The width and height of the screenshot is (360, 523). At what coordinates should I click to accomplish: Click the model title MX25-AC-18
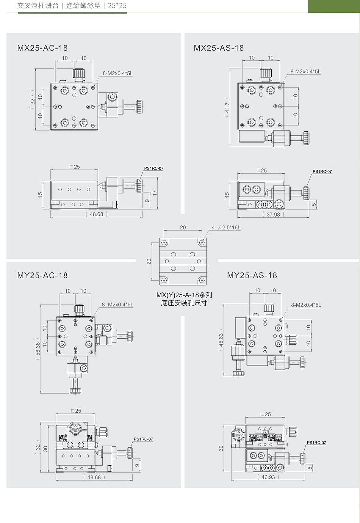tap(42, 48)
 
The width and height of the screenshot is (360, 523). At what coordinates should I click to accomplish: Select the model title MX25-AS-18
tap(219, 48)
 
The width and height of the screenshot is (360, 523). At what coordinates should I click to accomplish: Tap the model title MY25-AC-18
tap(42, 275)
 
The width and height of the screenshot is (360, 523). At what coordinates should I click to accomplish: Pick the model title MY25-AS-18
tap(252, 275)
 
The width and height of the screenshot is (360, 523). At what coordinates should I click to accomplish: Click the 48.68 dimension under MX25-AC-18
tap(96, 214)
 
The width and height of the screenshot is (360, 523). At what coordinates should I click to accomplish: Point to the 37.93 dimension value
tap(273, 214)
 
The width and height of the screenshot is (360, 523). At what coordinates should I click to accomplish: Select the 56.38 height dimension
tap(38, 349)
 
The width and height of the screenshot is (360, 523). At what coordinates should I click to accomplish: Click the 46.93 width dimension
tap(268, 477)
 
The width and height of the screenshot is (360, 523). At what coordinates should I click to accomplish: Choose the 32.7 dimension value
tap(33, 99)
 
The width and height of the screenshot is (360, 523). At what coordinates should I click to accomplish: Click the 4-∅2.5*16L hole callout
tap(226, 227)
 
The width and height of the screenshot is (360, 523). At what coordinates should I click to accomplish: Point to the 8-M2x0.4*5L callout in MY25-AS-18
tap(306, 305)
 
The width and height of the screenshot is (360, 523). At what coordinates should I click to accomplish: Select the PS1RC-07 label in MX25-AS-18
tap(322, 171)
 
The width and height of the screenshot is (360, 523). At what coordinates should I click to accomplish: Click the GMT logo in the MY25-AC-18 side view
tap(75, 429)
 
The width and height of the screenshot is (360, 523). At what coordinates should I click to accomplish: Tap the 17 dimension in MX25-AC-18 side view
tap(155, 193)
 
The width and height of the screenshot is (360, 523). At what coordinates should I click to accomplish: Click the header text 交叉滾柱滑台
tap(38, 6)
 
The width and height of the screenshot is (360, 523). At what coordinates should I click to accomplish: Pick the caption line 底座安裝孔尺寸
tap(184, 303)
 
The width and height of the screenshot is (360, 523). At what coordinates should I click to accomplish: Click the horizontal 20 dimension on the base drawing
tap(183, 227)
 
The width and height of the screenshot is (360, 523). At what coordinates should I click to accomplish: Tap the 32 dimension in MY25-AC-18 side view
tap(38, 447)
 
